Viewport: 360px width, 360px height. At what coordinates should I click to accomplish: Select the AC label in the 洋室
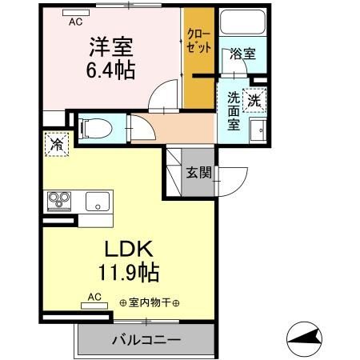75,22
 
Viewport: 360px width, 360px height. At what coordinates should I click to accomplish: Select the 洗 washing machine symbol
254,102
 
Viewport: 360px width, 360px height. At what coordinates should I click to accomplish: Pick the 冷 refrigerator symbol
58,146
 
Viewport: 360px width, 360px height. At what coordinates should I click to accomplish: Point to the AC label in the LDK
94,297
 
